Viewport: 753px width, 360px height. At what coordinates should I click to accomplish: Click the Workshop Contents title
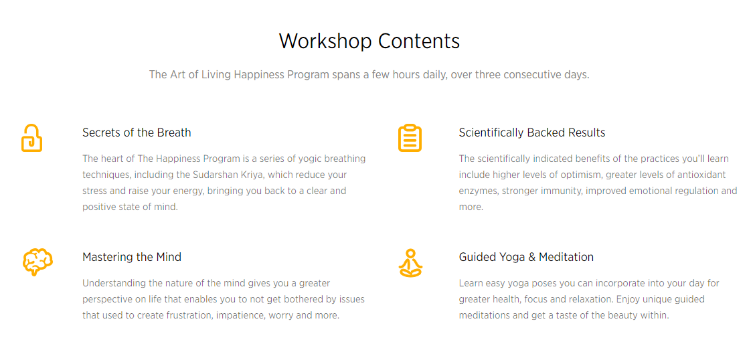pyautogui.click(x=369, y=41)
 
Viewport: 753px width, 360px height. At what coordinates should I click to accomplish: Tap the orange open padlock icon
pyautogui.click(x=31, y=138)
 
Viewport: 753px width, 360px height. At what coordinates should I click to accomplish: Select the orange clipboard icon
pyautogui.click(x=410, y=138)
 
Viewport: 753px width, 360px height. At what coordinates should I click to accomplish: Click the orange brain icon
pyautogui.click(x=37, y=262)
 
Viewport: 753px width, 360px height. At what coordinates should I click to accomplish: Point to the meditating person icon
pyautogui.click(x=410, y=263)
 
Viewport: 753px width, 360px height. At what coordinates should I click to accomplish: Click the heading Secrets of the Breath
pyautogui.click(x=137, y=132)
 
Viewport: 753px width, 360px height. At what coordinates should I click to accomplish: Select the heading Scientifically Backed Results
pyautogui.click(x=532, y=132)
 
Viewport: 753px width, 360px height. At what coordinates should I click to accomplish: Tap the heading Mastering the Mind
pyautogui.click(x=132, y=257)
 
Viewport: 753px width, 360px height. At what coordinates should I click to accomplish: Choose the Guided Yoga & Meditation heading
pyautogui.click(x=526, y=257)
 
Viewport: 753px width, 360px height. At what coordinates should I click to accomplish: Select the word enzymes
pyautogui.click(x=479, y=191)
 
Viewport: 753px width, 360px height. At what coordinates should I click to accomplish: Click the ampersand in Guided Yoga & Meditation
pyautogui.click(x=531, y=257)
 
